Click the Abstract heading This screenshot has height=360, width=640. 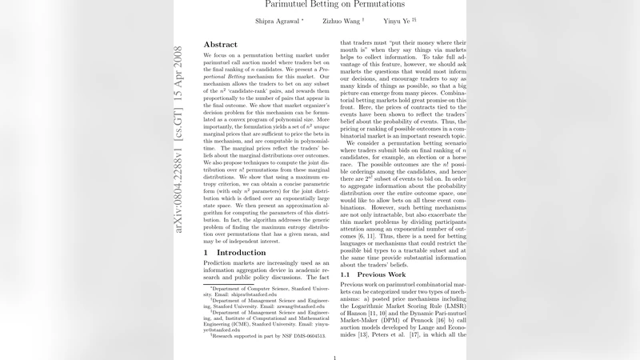pyautogui.click(x=220, y=44)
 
